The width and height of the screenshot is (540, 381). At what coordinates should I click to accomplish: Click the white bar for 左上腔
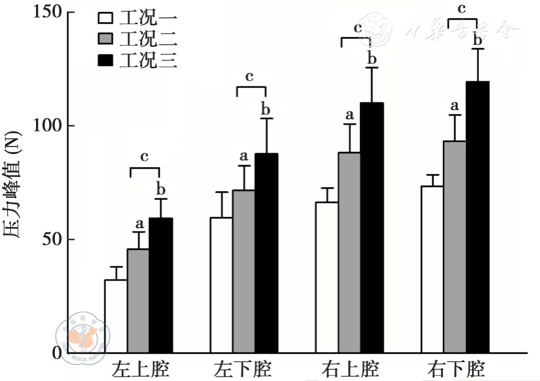[115, 316]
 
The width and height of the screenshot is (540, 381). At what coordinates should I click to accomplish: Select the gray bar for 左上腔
[138, 301]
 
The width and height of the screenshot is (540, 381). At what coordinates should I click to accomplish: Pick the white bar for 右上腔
[327, 277]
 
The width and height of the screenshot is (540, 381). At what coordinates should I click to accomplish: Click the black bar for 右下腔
[478, 217]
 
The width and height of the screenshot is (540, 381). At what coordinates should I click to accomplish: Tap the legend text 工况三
[148, 60]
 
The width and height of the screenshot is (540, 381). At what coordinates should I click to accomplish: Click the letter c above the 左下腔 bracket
[249, 76]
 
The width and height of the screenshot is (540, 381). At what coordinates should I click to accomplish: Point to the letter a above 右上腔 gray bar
[350, 114]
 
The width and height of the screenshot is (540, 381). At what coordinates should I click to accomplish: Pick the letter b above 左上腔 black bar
[161, 189]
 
